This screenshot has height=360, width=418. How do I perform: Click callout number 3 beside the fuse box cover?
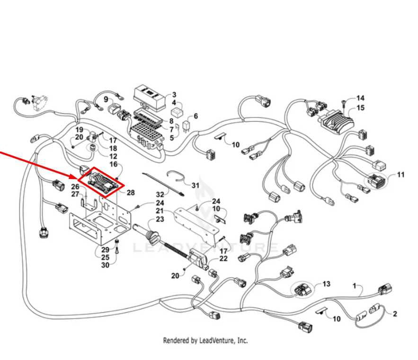(174, 95)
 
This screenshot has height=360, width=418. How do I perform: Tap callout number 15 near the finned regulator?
(360, 108)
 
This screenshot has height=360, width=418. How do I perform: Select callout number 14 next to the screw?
(360, 98)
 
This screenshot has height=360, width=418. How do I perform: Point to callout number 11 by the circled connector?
(400, 175)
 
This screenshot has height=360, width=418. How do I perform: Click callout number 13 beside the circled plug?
(326, 284)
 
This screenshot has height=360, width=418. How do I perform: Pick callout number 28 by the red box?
(131, 192)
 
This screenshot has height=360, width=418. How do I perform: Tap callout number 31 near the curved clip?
(196, 185)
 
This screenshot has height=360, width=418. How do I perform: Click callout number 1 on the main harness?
(355, 286)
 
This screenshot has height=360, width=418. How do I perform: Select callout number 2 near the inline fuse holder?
(395, 314)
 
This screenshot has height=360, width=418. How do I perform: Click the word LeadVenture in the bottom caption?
(217, 341)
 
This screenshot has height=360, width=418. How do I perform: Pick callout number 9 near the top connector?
(106, 99)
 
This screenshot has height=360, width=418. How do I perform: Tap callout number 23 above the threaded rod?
(160, 219)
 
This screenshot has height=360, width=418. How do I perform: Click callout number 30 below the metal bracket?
(105, 265)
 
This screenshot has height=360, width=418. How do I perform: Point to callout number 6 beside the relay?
(196, 116)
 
